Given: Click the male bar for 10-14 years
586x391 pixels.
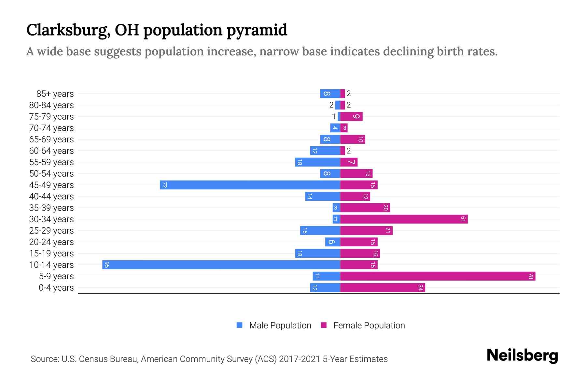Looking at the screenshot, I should point(221,265).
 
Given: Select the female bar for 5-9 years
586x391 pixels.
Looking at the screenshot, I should point(438,276).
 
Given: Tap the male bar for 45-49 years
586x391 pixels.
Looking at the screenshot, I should point(250,185).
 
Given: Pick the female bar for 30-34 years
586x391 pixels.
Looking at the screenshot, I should point(404,219).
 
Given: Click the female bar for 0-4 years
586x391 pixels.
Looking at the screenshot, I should point(383,287).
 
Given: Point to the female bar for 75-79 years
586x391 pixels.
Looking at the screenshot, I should point(351,116).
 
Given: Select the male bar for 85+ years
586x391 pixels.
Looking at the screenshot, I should point(330,94).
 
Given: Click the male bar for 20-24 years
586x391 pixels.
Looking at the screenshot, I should point(332,242).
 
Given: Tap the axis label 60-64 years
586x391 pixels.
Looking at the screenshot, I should point(51,151).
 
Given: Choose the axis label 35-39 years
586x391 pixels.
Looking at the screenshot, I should point(51,208).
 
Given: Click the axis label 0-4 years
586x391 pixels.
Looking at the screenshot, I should point(56,288).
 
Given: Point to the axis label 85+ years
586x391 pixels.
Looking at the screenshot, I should point(55,94).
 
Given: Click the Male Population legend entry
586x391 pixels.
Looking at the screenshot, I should point(280,325).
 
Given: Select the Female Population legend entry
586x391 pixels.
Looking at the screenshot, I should point(369,325).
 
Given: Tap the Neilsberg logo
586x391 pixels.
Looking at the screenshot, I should point(522,355).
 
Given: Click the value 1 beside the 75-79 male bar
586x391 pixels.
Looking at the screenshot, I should point(334,116).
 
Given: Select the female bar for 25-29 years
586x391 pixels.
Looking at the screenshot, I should point(366,230).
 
